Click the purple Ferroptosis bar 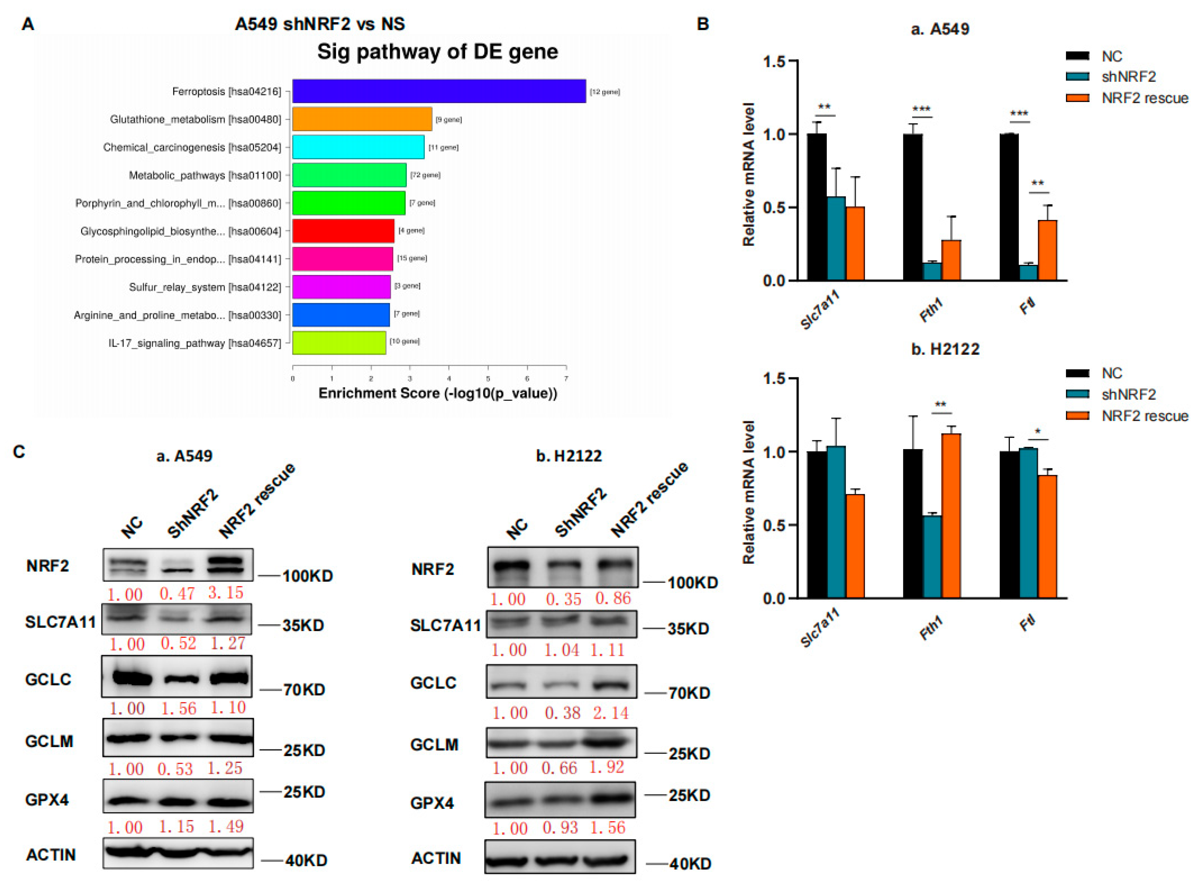coord(439,91)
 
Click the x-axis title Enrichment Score coord(438,394)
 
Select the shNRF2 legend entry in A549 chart coord(1128,77)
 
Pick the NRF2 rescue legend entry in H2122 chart coord(1143,416)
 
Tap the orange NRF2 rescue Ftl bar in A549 coord(1047,250)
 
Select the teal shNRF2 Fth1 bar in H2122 coord(932,556)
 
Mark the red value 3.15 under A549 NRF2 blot coord(226,593)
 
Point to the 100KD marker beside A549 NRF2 coord(307,576)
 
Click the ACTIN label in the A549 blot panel coord(51,854)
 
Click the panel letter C coord(19,452)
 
